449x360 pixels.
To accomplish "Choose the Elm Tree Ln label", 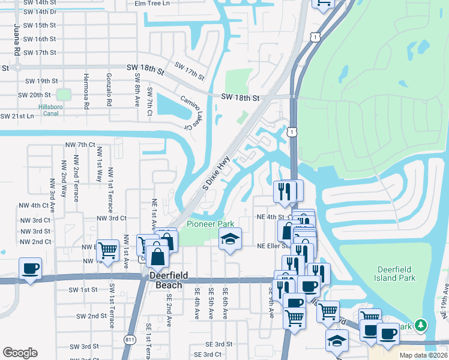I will click(x=152, y=3).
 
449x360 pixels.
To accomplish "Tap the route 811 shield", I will click(x=130, y=340).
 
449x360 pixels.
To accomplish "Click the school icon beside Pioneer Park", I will click(x=230, y=239).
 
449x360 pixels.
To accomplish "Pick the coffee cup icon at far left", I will click(x=30, y=268).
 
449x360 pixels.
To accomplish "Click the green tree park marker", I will click(x=422, y=325).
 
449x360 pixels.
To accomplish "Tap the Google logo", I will click(x=20, y=352).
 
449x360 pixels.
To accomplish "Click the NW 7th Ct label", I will click(x=80, y=145).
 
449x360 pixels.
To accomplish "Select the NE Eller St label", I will click(x=273, y=246).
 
